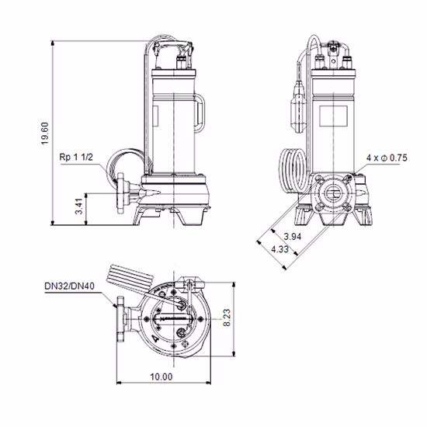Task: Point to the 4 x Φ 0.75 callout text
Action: point(387,158)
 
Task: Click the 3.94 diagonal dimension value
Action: point(293,236)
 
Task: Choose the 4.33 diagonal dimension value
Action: point(282,249)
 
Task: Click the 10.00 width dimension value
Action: point(161,377)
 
